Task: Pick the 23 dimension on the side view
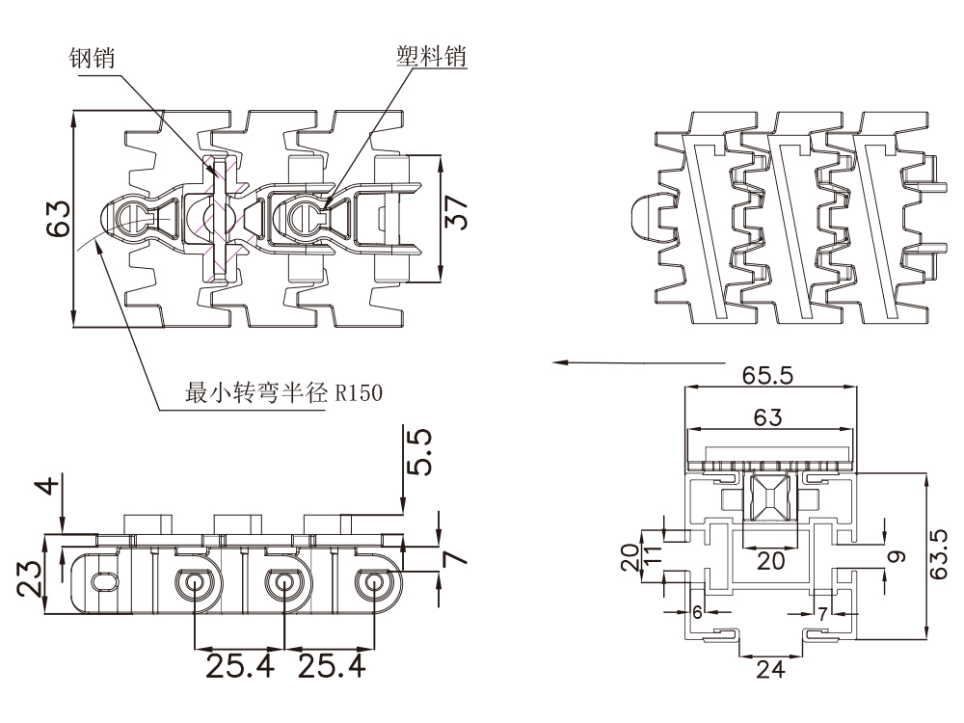click(x=29, y=579)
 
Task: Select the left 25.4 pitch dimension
click(x=238, y=664)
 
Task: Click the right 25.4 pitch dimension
click(x=331, y=664)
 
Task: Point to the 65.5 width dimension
click(x=767, y=375)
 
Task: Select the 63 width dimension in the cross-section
click(x=767, y=417)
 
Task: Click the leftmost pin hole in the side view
click(x=101, y=582)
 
